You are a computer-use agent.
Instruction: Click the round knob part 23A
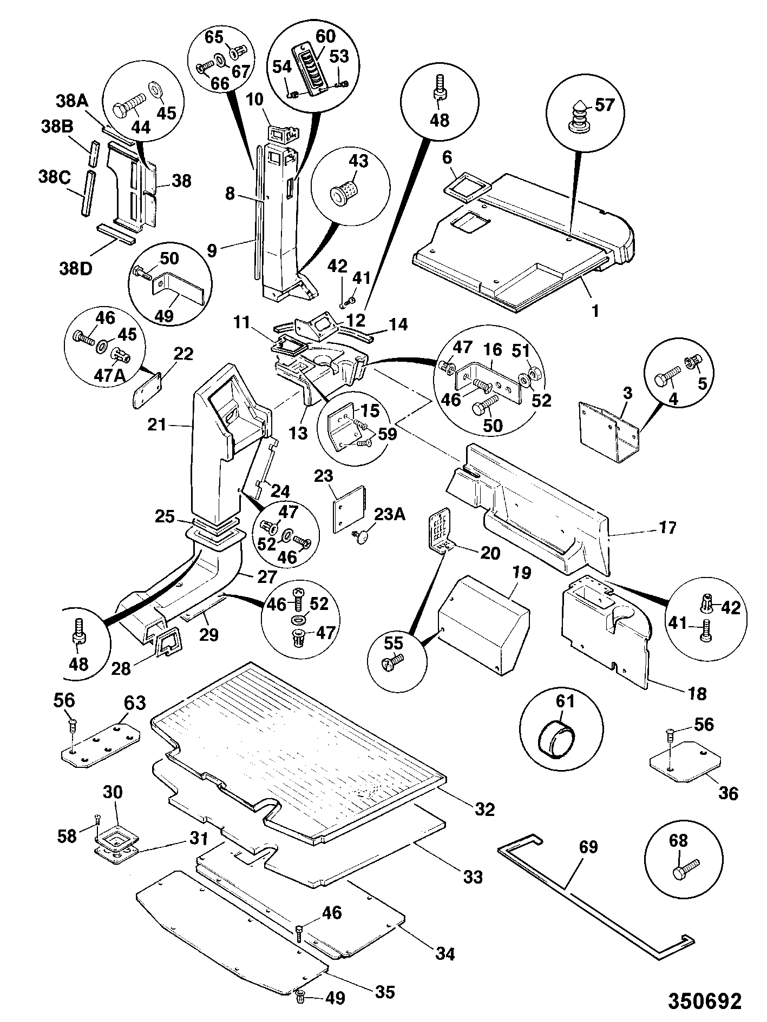pos(360,535)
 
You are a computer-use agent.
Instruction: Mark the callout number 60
pos(325,37)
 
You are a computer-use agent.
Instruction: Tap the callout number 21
pos(157,425)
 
